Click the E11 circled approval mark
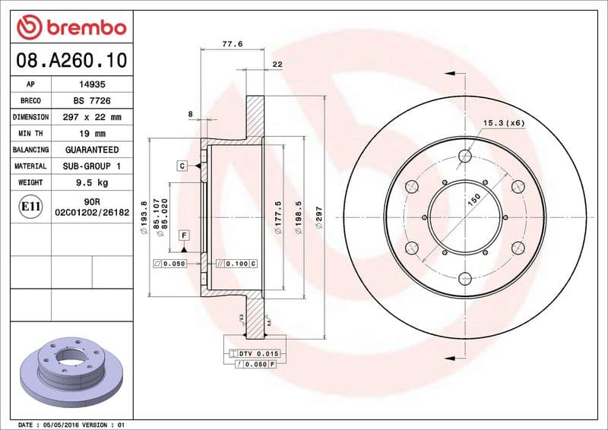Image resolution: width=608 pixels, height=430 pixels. coord(31,206)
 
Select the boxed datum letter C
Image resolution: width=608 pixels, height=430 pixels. coord(183,165)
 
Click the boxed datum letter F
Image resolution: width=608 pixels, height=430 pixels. coord(183,236)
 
